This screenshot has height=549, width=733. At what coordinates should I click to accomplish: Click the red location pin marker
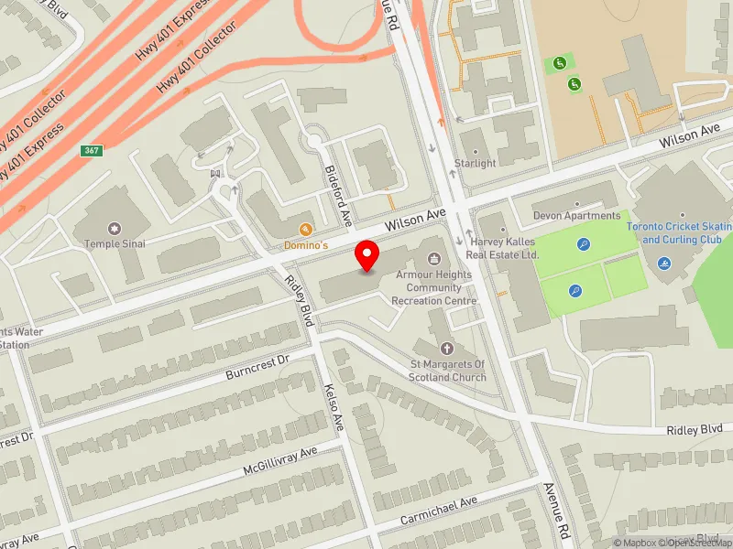(367, 255)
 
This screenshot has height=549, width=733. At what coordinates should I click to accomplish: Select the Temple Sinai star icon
(115, 228)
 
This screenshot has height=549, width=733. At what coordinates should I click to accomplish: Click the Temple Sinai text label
(115, 243)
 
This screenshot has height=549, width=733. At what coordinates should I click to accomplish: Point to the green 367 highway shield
(91, 151)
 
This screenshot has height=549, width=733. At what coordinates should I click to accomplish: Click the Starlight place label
(476, 164)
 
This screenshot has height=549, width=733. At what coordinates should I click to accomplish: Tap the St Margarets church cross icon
(447, 349)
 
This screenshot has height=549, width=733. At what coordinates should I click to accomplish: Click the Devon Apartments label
(577, 216)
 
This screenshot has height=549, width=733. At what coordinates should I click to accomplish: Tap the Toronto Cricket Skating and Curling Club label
(679, 233)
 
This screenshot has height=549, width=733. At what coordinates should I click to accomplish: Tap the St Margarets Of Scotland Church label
(447, 371)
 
